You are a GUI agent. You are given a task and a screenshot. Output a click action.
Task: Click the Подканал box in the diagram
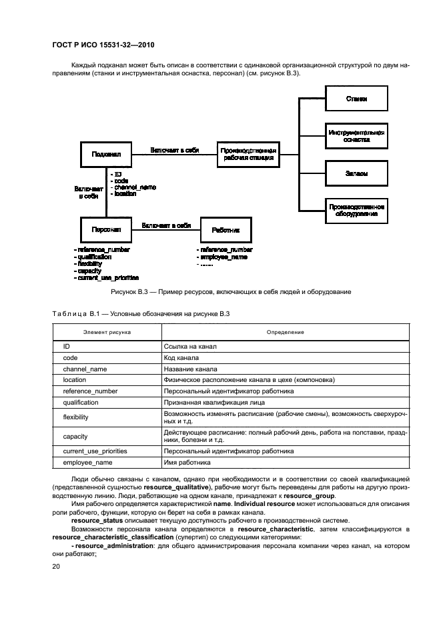pos(105,154)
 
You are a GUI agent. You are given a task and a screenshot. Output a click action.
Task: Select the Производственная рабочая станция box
pos(248,154)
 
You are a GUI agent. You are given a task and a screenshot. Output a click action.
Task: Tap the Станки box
pos(356,99)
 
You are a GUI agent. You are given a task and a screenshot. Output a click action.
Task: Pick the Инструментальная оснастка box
pos(356,137)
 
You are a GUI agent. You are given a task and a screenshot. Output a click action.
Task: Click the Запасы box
pos(356,173)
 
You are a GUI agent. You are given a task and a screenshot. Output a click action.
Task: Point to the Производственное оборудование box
pos(356,211)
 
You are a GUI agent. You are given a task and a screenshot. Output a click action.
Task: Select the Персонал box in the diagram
pos(105,230)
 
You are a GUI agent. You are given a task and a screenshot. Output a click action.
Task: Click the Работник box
pos(226,230)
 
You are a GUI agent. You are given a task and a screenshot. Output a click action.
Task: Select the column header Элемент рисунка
pos(107,331)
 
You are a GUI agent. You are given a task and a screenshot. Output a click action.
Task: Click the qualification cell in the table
pos(81,403)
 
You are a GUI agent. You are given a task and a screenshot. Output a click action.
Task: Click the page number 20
pos(56,566)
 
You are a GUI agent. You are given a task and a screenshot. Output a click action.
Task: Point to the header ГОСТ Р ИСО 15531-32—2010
pos(98,44)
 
